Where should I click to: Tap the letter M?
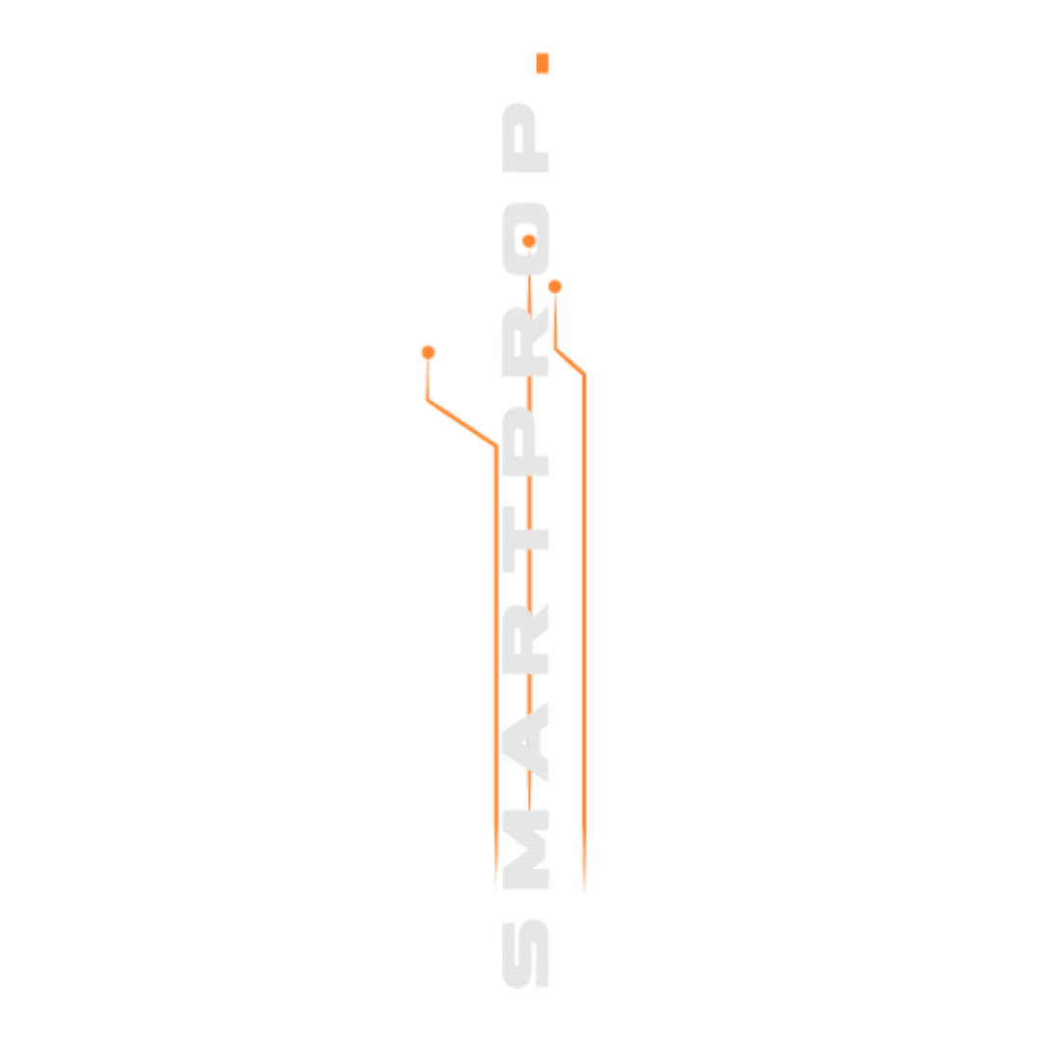click(525, 849)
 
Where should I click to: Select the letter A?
click(525, 741)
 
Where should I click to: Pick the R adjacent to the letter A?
click(525, 639)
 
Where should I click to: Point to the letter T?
click(525, 539)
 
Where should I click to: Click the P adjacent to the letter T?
click(525, 441)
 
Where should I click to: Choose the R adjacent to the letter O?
click(525, 341)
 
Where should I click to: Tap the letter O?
click(525, 239)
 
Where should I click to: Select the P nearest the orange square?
click(525, 138)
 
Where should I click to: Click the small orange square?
click(543, 63)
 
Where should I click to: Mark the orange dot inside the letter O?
click(529, 240)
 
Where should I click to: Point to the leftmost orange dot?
click(428, 352)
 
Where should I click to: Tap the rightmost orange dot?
click(555, 287)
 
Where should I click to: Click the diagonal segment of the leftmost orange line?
click(462, 423)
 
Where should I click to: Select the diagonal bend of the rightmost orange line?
click(570, 361)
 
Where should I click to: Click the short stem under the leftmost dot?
click(428, 379)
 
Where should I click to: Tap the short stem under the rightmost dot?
click(556, 321)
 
